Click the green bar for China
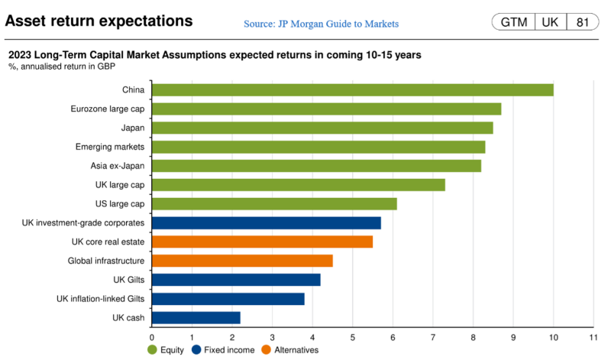pos(352,90)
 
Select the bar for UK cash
pos(196,317)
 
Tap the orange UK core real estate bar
pos(262,242)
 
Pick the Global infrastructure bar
pos(242,261)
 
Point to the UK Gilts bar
pos(236,280)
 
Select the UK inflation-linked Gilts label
pos(101,299)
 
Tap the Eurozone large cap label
pos(106,109)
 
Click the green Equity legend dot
pos(153,350)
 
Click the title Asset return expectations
pos(99,21)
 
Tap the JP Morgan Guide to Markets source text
pos(321,24)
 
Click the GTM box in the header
pos(513,22)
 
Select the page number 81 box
pos(582,22)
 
